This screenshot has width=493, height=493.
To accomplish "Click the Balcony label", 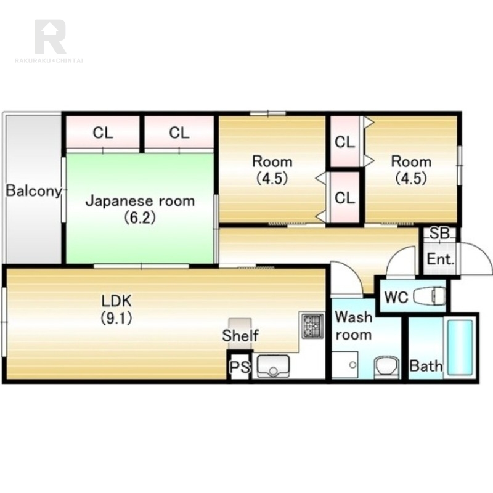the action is pos(34,191).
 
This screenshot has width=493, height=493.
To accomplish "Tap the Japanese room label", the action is pos(141,201).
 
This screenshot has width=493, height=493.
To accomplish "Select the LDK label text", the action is pos(116,301).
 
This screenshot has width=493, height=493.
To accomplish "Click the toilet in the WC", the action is pos(430,296).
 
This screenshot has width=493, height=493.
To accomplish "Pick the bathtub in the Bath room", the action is pos(460,347).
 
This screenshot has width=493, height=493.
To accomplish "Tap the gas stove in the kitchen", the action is pos(313,325).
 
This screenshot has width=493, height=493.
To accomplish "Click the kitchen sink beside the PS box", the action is pos(273,365).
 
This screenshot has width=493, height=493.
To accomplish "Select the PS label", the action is pos(240,367).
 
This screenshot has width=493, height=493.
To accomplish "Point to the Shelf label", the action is pos(240,335).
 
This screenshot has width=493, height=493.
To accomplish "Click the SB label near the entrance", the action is pos(439,234).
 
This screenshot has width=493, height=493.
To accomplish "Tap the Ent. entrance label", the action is pos(441,259).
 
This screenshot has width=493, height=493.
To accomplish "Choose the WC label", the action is pos(396,297).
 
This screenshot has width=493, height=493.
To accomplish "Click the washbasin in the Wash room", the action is pos(386,367).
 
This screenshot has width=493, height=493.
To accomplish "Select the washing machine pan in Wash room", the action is pos(345,365).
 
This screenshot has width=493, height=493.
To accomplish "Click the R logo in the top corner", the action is pos(51,36).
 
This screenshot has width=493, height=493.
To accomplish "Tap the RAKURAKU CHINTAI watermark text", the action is pos(49,60).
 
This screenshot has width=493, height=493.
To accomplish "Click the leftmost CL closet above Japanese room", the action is pos(103,132).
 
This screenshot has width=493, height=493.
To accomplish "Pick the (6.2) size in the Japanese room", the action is pos(140,218).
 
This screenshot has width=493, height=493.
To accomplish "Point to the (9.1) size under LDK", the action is pos(116,319).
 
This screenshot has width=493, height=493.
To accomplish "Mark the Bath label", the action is pos(426,366).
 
